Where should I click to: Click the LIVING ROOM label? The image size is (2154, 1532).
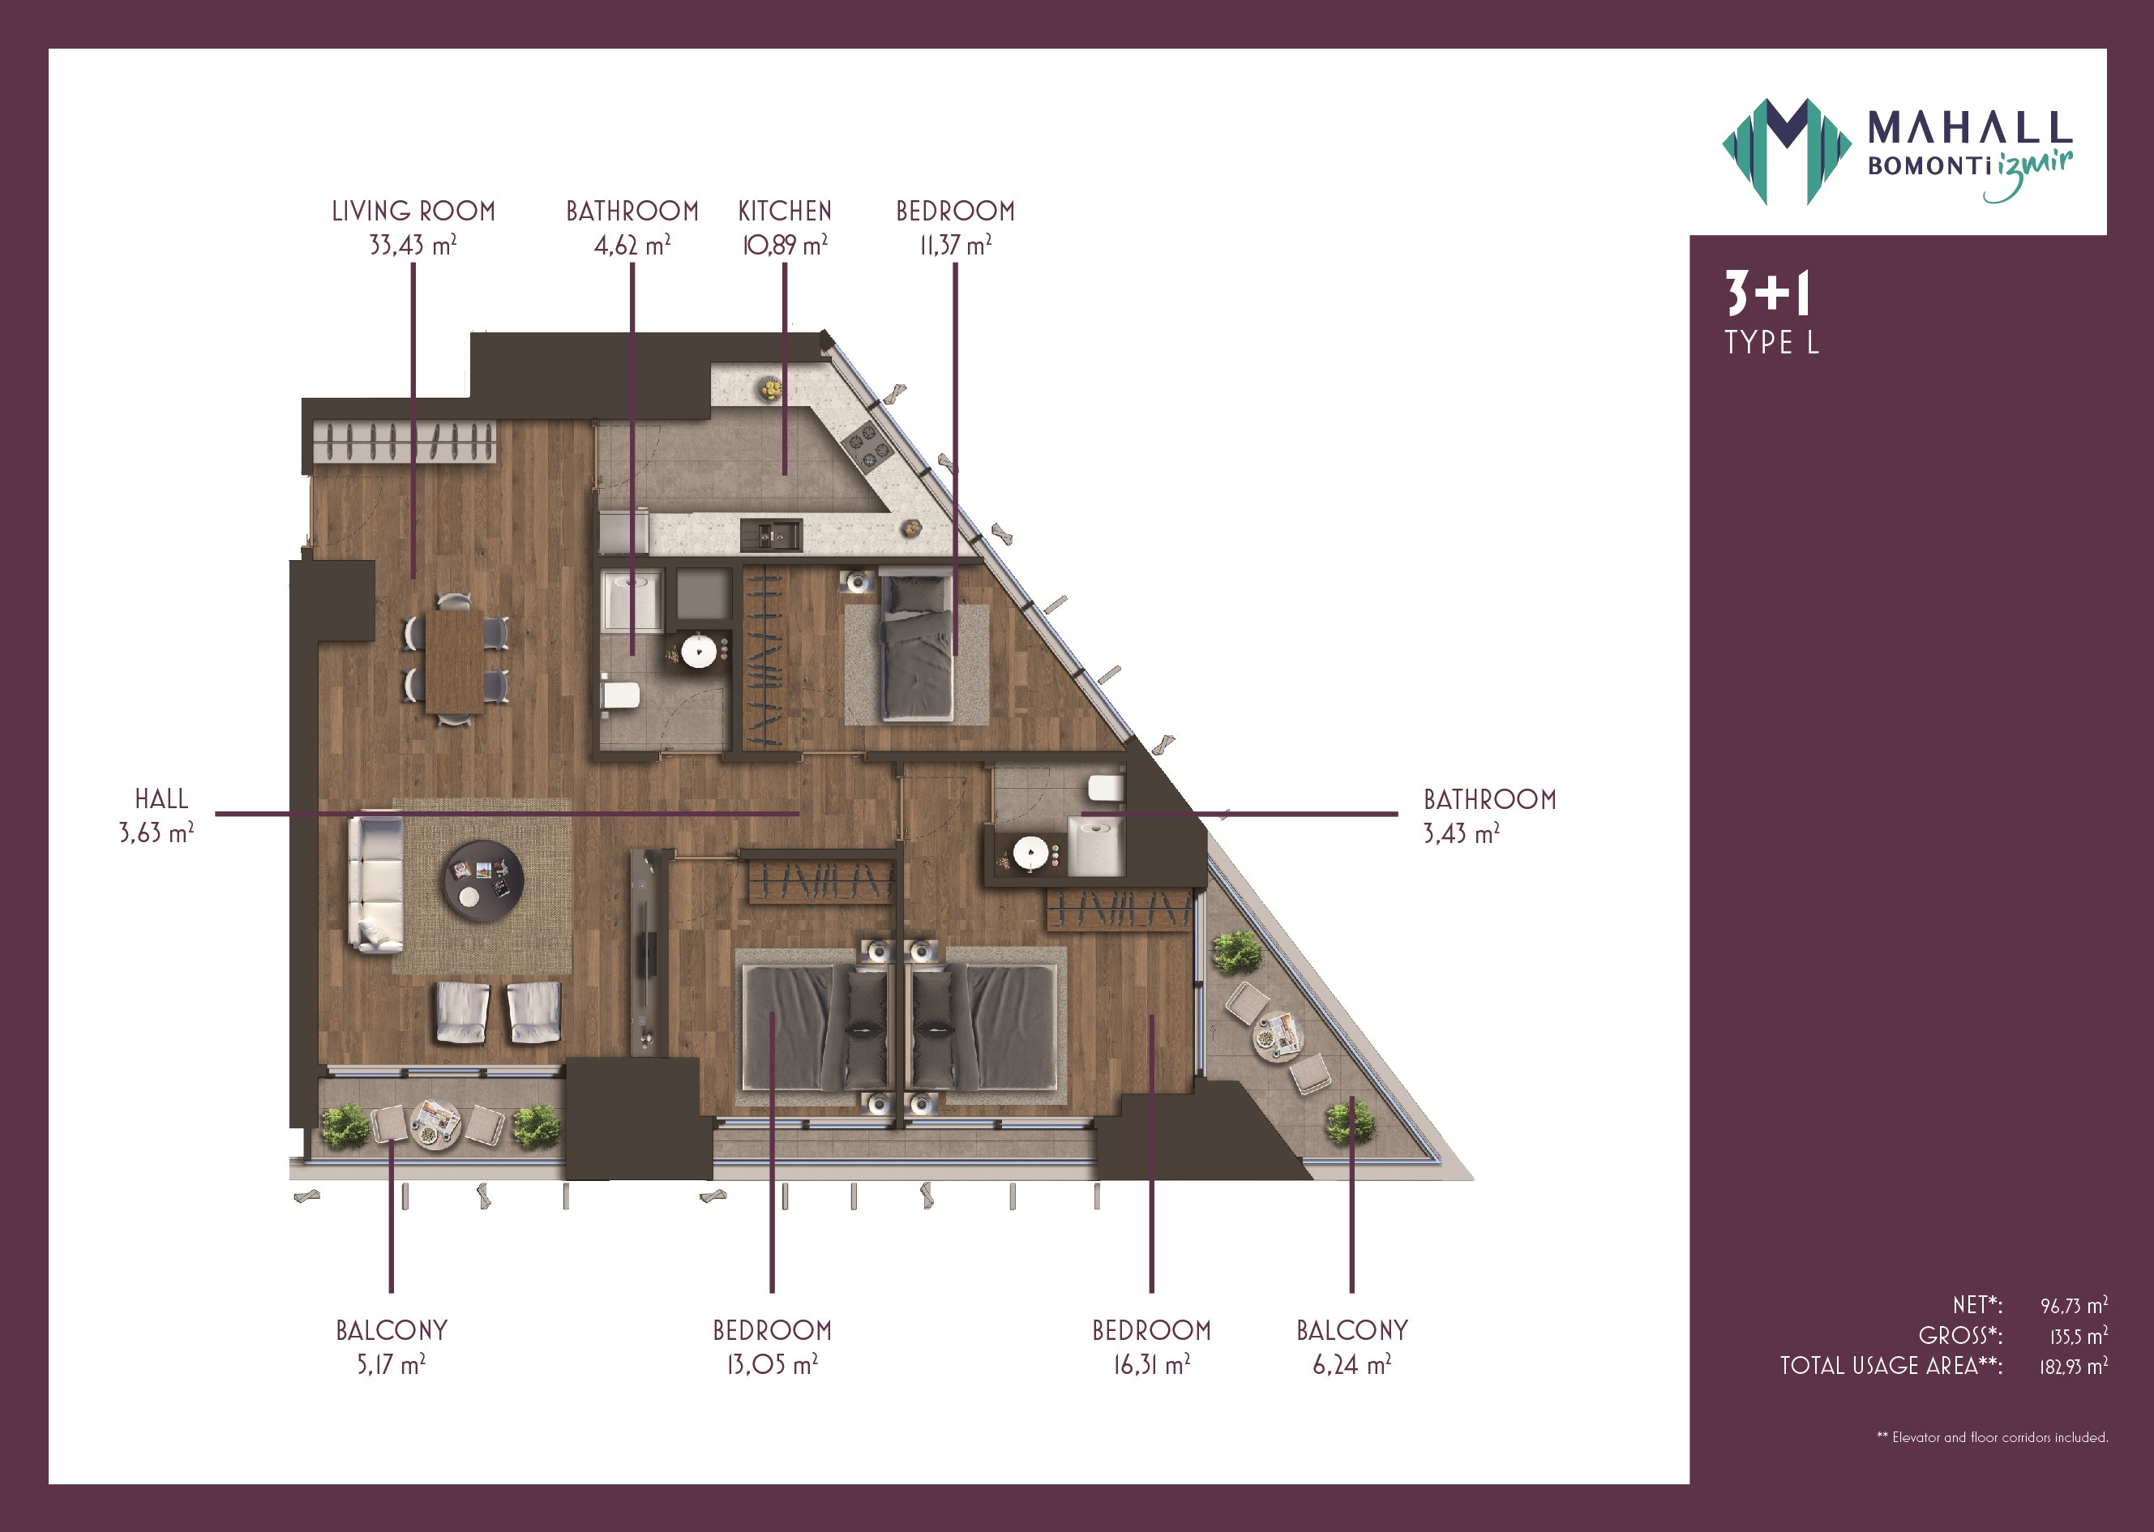point(413,212)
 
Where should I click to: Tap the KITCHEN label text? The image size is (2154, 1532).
point(785,212)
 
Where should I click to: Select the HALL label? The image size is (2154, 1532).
point(161,799)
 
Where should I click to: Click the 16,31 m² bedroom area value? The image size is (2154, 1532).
point(1151,1364)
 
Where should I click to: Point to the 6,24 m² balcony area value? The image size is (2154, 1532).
point(1351,1364)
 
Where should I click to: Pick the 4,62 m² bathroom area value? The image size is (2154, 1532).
point(632,246)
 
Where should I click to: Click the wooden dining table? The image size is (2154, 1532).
point(455,661)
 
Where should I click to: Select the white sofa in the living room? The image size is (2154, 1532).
point(376,883)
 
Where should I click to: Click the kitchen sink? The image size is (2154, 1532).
point(772,535)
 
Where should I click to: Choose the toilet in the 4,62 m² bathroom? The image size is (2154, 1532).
point(620,696)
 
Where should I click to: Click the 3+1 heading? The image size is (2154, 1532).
point(1767,293)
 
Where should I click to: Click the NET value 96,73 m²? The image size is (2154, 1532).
point(2074,1306)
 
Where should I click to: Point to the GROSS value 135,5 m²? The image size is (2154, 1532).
point(2079,1336)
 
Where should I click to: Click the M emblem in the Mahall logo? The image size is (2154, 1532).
point(1786,151)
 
